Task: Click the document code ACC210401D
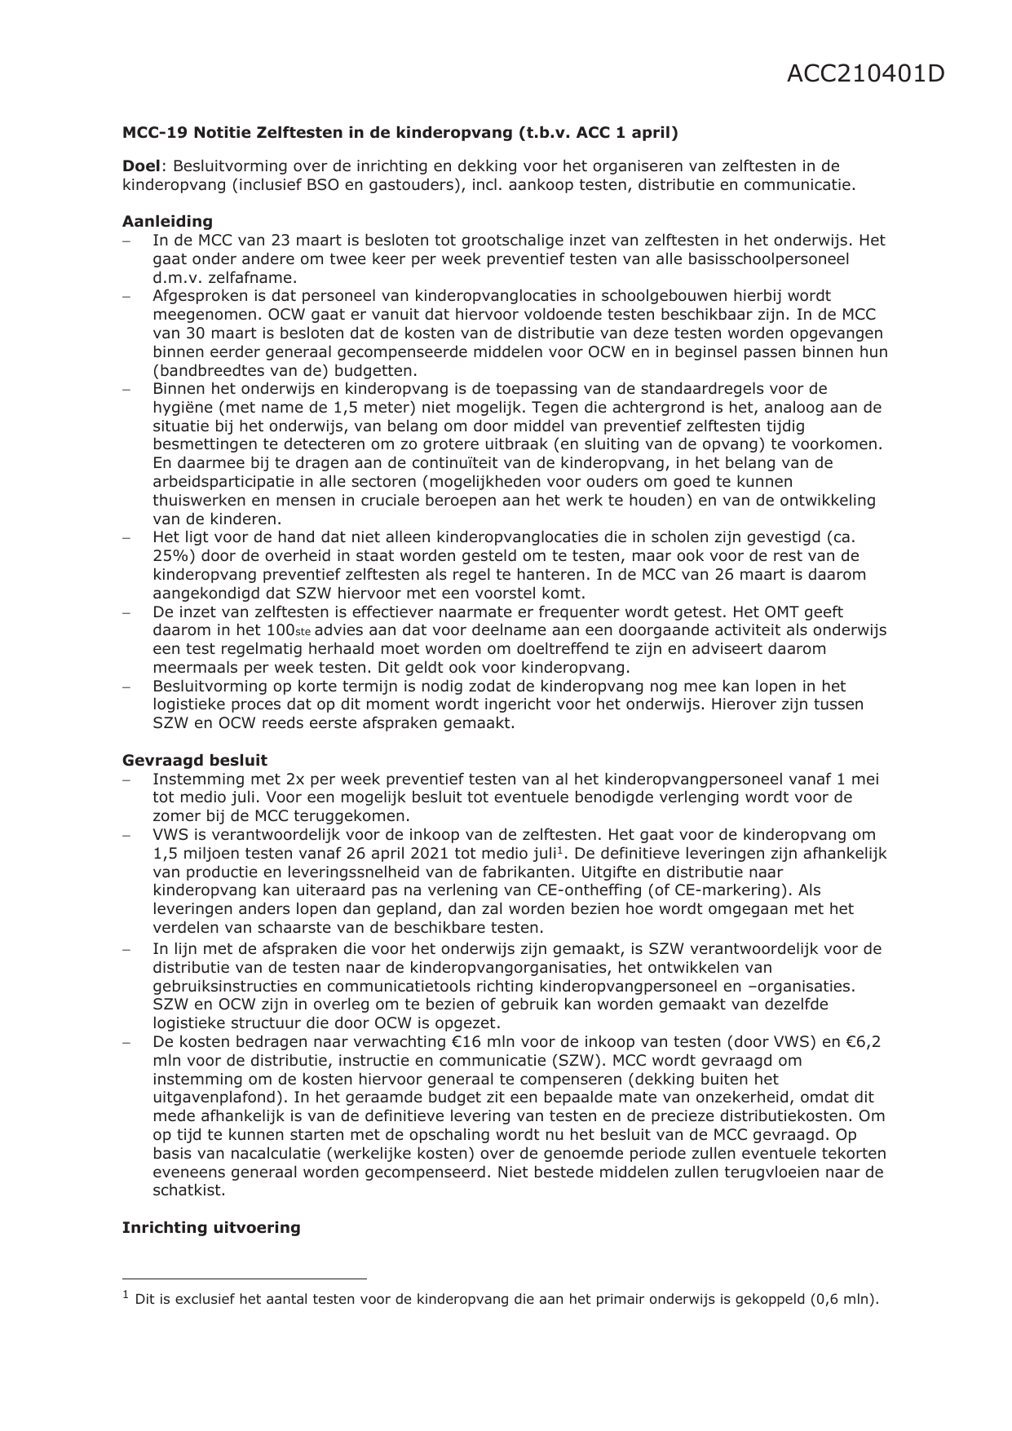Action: point(865,74)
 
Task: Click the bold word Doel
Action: point(140,166)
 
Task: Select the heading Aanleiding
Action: point(167,221)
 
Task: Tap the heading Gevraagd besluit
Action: point(195,760)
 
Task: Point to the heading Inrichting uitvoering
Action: point(211,1227)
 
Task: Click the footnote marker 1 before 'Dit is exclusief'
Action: point(126,1295)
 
